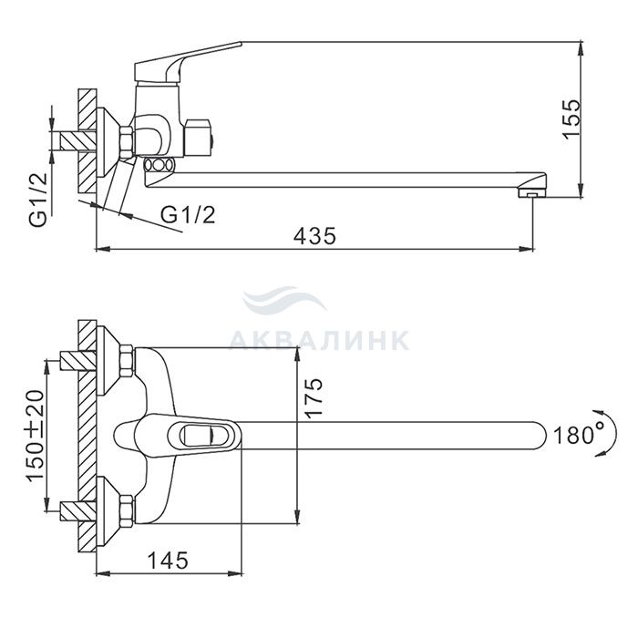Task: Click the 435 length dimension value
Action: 314,236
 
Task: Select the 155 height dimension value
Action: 571,118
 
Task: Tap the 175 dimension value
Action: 314,398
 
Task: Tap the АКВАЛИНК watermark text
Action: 318,341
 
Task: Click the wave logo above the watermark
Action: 284,301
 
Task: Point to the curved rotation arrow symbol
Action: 600,431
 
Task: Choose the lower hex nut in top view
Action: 127,510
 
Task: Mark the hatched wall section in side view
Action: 87,141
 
